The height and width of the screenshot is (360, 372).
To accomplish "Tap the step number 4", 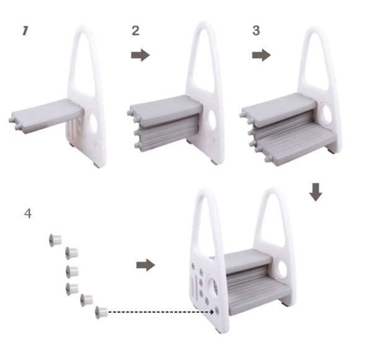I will [27, 214].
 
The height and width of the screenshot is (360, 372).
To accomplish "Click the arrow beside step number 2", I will [140, 55].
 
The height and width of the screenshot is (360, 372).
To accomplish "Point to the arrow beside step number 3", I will [261, 55].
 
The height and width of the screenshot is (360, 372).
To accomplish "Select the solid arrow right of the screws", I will [145, 265].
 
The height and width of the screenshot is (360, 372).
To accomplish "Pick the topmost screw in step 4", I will [55, 240].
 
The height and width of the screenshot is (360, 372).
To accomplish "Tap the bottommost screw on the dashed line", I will [101, 312].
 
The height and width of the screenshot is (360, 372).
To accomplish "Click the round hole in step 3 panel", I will [329, 116].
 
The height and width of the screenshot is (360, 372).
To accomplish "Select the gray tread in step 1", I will [47, 113].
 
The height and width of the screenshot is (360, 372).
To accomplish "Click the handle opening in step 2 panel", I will [204, 62].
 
